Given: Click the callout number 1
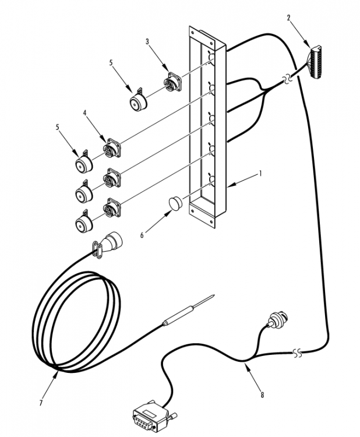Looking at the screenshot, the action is pyautogui.click(x=260, y=174).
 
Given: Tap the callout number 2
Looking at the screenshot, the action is pyautogui.click(x=289, y=18).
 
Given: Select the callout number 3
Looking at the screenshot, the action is pyautogui.click(x=147, y=41).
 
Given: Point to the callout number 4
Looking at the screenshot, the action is pyautogui.click(x=84, y=113).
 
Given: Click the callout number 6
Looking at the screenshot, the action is pyautogui.click(x=142, y=235).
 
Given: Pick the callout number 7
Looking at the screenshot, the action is pyautogui.click(x=41, y=403).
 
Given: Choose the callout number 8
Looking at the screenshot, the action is pyautogui.click(x=262, y=394).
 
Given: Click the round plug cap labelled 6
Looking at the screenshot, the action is pyautogui.click(x=175, y=203).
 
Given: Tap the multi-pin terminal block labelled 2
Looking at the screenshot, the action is pyautogui.click(x=314, y=61).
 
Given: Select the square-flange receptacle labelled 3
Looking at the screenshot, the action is pyautogui.click(x=172, y=82).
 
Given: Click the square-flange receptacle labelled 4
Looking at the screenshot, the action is pyautogui.click(x=112, y=148).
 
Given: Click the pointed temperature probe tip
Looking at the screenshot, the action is pyautogui.click(x=214, y=295).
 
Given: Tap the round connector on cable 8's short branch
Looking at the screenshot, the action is pyautogui.click(x=277, y=319).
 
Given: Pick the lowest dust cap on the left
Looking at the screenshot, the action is pyautogui.click(x=84, y=221).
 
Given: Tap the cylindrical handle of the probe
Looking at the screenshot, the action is pyautogui.click(x=178, y=315).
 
